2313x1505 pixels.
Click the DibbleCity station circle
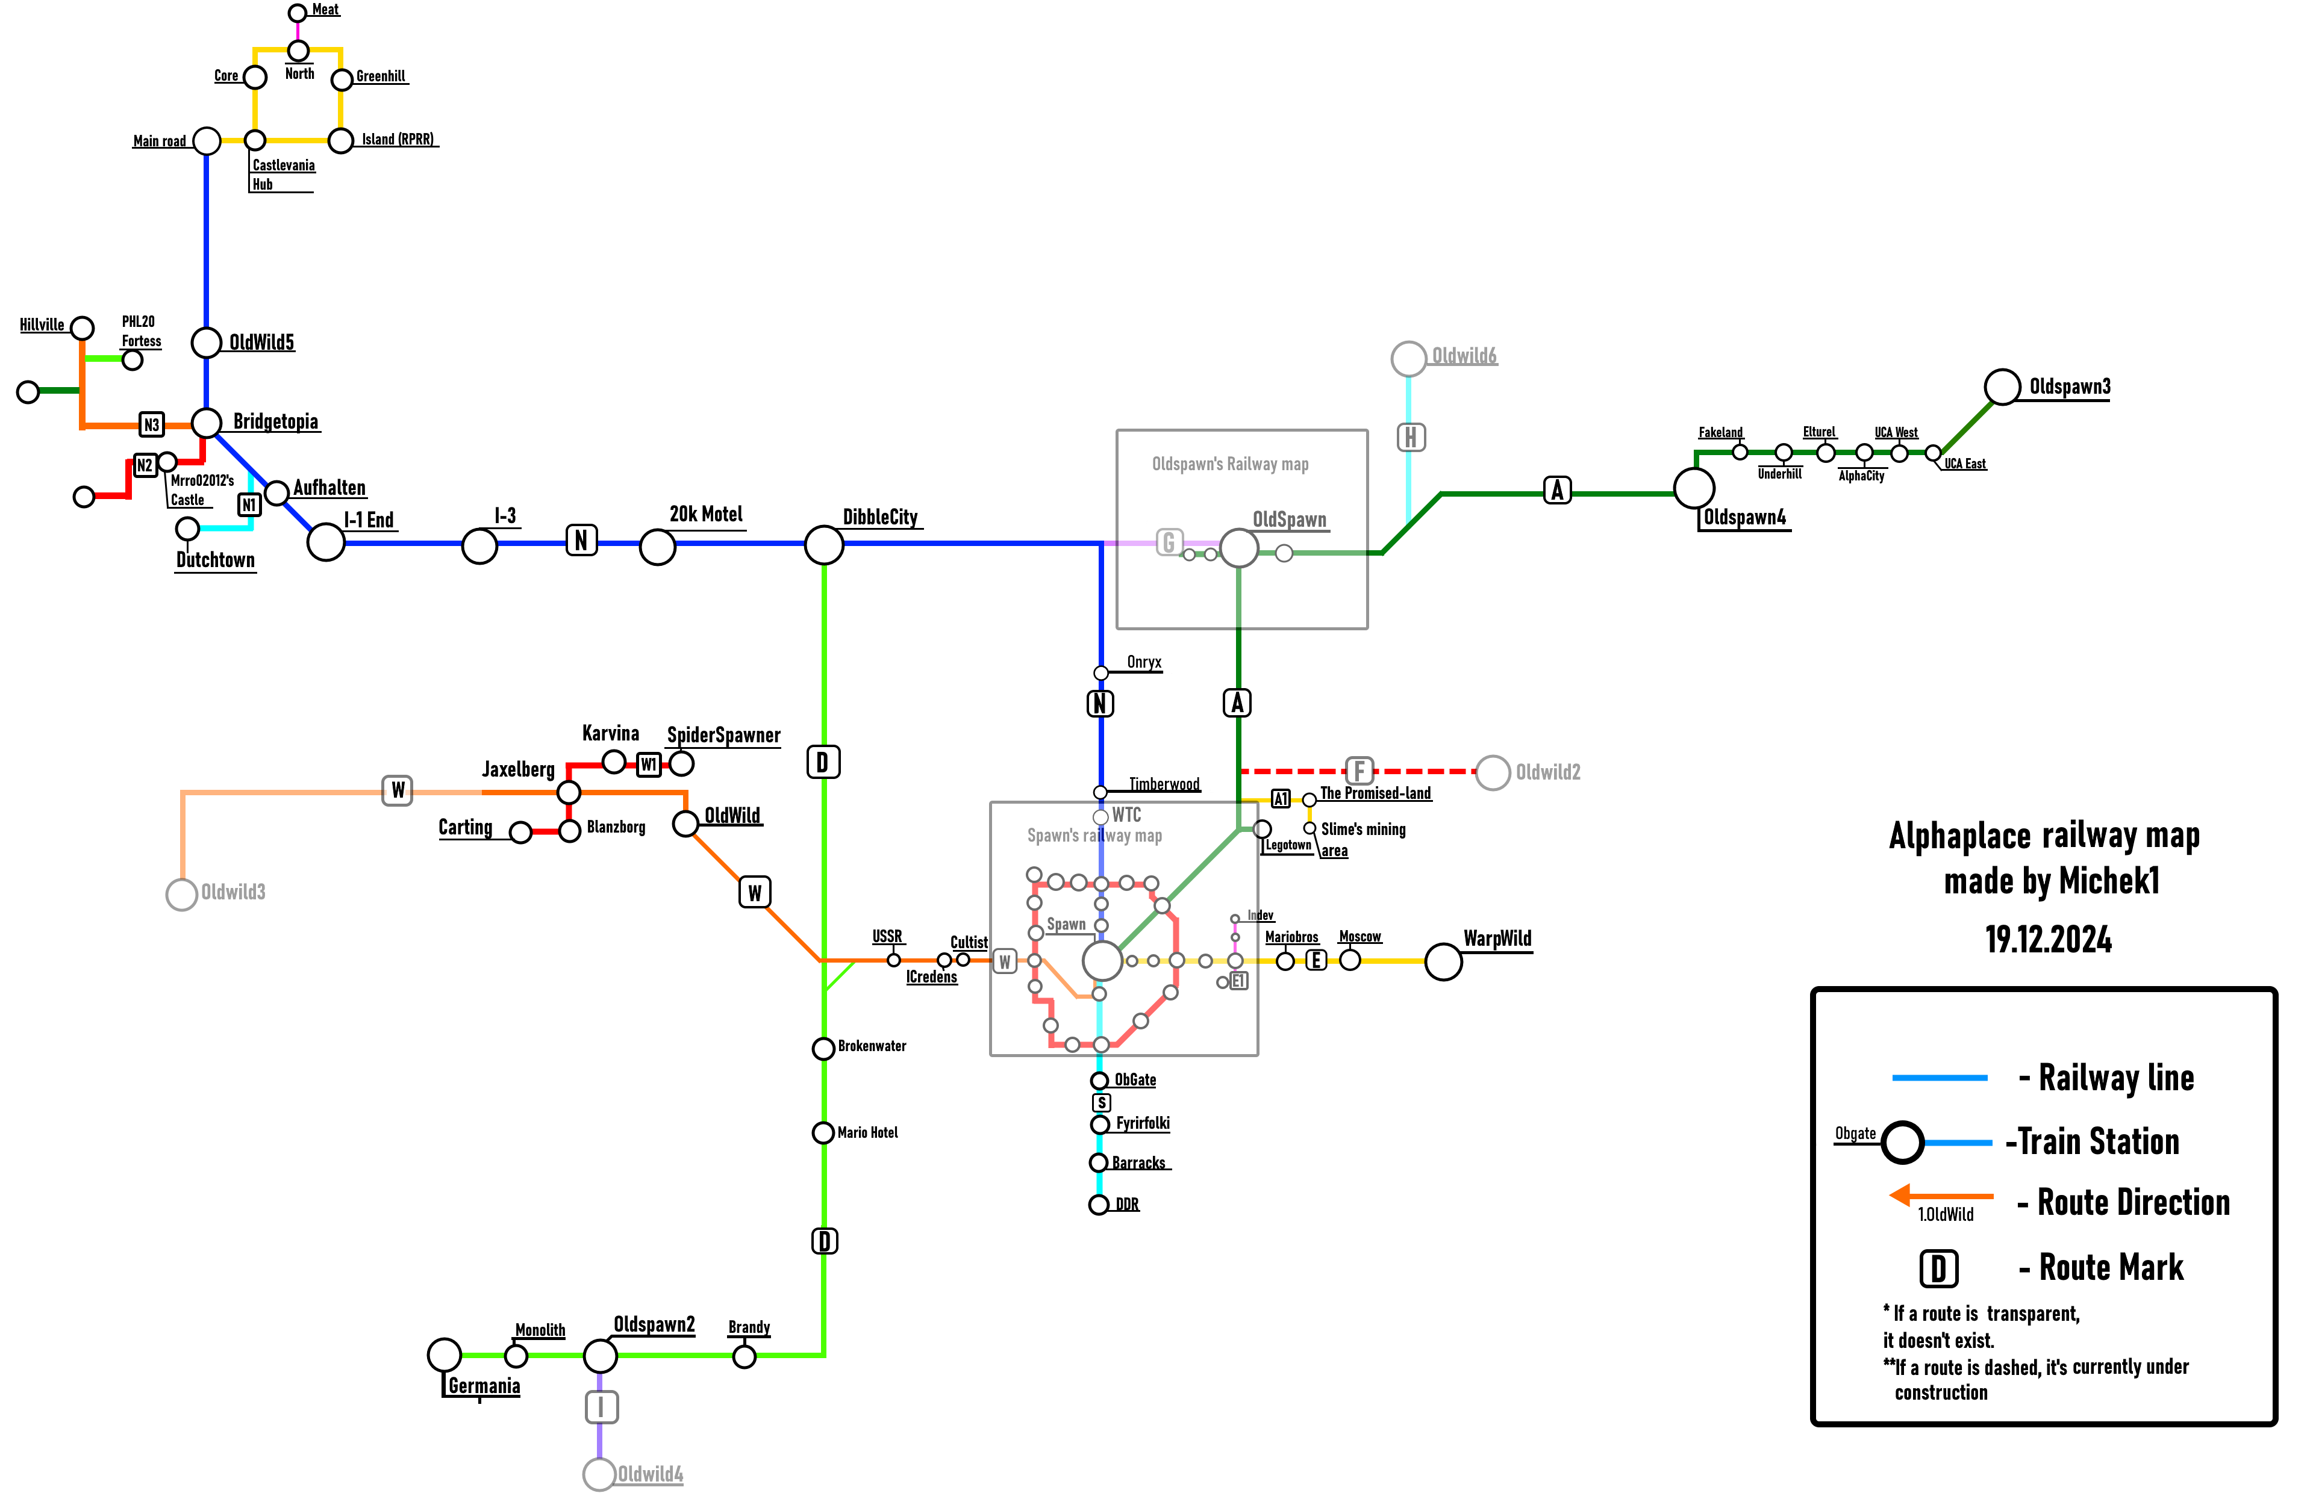[x=823, y=545]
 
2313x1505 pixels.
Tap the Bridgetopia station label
[x=275, y=421]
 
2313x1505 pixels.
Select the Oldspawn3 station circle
[x=2002, y=386]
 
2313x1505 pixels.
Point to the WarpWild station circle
[x=1443, y=962]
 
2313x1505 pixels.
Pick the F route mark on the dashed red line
[x=1359, y=771]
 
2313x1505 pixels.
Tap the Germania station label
[x=484, y=1385]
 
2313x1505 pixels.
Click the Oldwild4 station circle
[x=599, y=1474]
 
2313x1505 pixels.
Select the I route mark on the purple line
[x=601, y=1407]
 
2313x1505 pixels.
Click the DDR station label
[x=1128, y=1205]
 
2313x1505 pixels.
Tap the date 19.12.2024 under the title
[x=2048, y=940]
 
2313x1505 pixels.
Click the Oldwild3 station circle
[x=182, y=894]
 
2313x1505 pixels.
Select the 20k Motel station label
[x=705, y=514]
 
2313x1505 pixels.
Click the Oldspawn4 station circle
[x=1694, y=488]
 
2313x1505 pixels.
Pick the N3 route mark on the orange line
[x=152, y=424]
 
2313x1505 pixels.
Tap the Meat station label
[x=325, y=10]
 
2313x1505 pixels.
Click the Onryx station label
[x=1144, y=662]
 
